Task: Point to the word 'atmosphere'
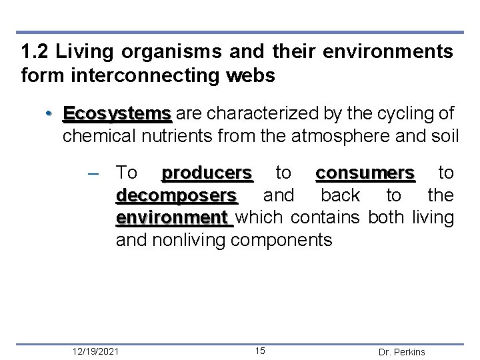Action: coord(330,137)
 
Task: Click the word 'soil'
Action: coord(446,137)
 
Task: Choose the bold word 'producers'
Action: coord(207,173)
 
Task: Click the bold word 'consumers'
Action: coord(365,173)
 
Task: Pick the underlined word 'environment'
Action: coord(173,217)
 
